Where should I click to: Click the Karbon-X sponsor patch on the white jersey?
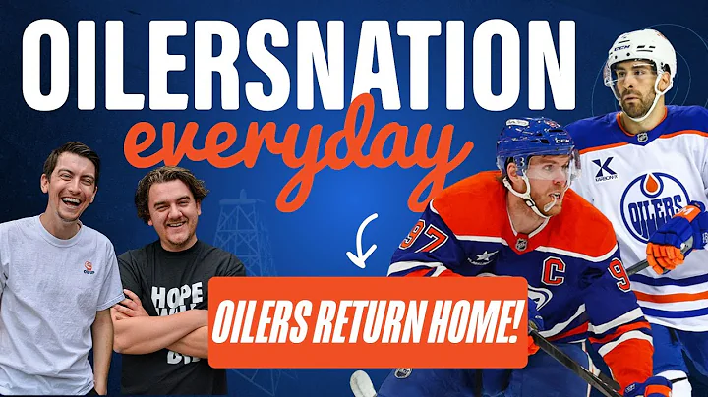(605, 170)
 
